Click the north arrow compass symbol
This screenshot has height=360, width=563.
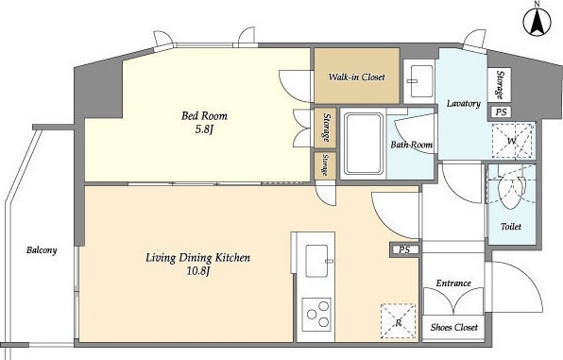pyautogui.click(x=537, y=23)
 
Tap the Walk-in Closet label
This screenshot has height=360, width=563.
pyautogui.click(x=356, y=77)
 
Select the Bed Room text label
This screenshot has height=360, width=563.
pyautogui.click(x=204, y=115)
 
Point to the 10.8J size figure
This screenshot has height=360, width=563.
pyautogui.click(x=197, y=271)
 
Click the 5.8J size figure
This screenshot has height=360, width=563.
pyautogui.click(x=204, y=129)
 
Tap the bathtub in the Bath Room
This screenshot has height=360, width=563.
pyautogui.click(x=363, y=143)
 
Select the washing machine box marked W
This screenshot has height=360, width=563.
pyautogui.click(x=513, y=141)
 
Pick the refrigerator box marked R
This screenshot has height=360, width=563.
pyautogui.click(x=399, y=321)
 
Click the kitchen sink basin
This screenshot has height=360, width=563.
pyautogui.click(x=316, y=261)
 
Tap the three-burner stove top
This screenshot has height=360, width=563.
pyautogui.click(x=316, y=315)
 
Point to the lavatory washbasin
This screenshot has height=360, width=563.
pyautogui.click(x=420, y=81)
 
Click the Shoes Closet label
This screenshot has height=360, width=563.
pyautogui.click(x=454, y=327)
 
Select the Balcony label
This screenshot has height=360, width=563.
pyautogui.click(x=42, y=250)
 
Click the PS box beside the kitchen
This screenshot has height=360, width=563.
pyautogui.click(x=404, y=249)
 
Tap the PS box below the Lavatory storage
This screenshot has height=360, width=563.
pyautogui.click(x=501, y=112)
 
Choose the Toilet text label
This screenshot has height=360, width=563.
pyautogui.click(x=511, y=227)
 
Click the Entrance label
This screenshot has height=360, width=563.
pyautogui.click(x=453, y=283)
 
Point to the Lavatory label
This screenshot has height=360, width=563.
pyautogui.click(x=464, y=104)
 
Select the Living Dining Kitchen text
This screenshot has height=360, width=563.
pyautogui.click(x=197, y=258)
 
